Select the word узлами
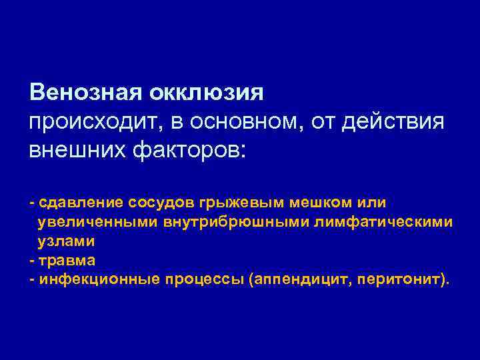[66, 241]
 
